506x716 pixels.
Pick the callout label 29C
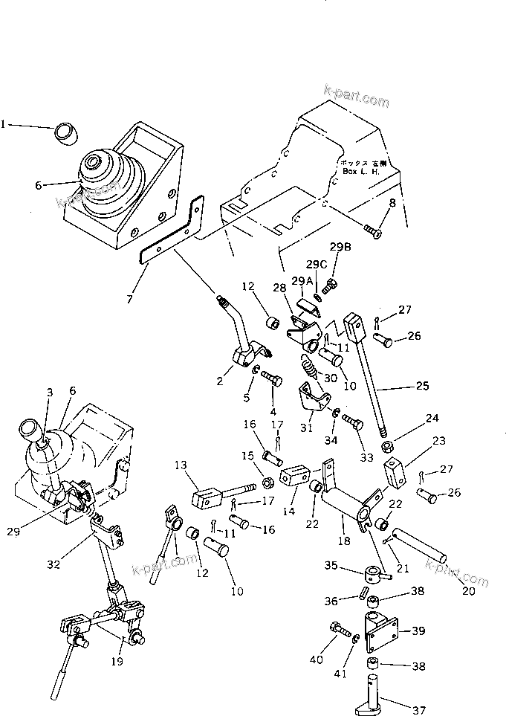[x=317, y=264]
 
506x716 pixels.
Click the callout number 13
[x=181, y=465]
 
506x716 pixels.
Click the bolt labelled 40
[x=339, y=629]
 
